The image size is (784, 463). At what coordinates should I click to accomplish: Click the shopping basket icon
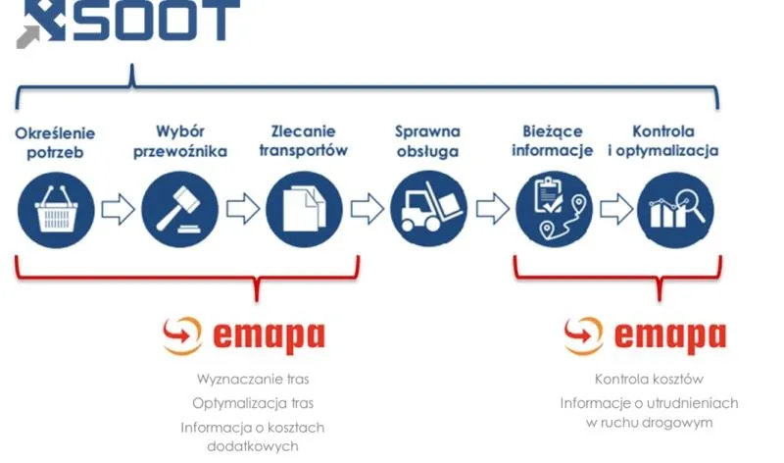56,209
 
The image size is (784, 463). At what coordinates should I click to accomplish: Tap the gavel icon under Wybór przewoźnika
179,209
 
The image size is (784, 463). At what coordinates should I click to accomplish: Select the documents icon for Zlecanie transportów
304,209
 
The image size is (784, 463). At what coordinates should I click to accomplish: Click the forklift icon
428,209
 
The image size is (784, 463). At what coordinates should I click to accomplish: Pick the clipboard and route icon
554,209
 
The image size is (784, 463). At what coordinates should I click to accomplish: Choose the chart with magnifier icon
675,209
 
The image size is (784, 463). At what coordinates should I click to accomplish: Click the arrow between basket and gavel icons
118,209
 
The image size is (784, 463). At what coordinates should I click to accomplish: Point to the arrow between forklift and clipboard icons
491,209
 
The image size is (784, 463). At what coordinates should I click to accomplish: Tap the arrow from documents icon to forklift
367,209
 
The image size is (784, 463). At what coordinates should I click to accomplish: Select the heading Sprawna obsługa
428,141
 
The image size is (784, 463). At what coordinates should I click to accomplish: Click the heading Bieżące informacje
554,141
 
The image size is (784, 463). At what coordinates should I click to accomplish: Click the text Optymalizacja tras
253,403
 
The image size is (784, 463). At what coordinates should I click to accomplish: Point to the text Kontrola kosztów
649,379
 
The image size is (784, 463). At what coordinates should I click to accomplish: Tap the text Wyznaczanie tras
253,379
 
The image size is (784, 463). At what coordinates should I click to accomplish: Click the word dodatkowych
252,446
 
